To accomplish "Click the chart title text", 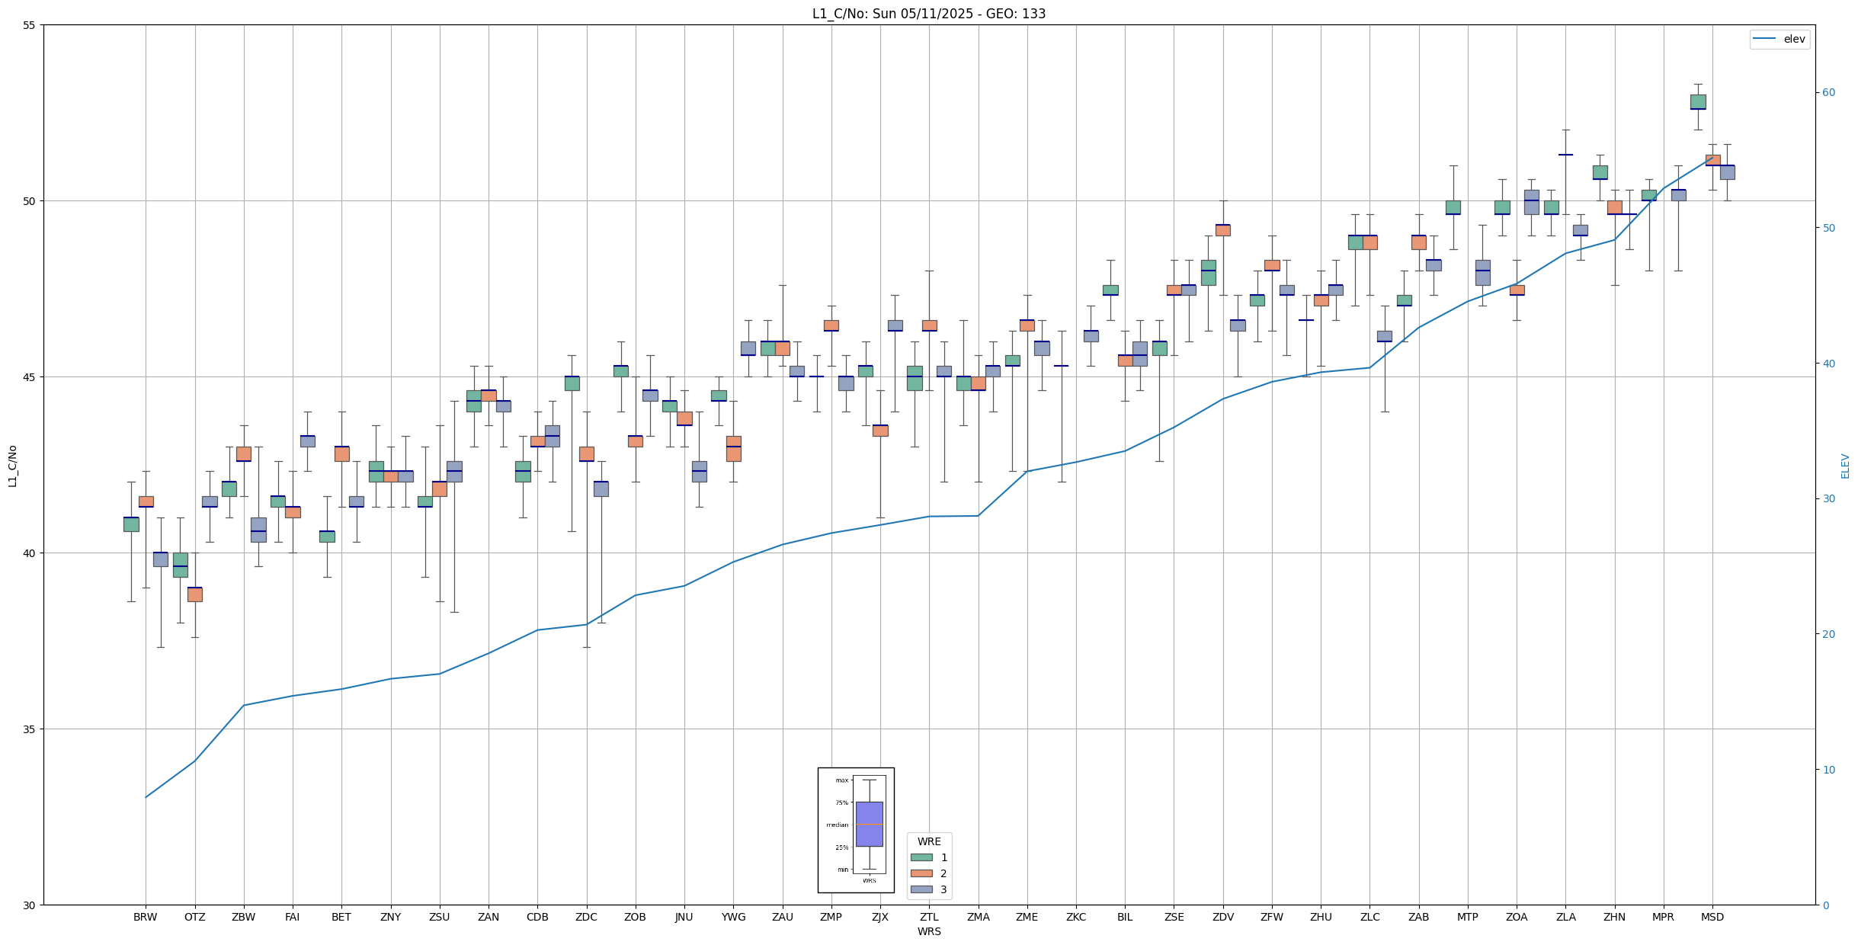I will pyautogui.click(x=928, y=14).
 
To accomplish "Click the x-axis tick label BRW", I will pyautogui.click(x=145, y=917).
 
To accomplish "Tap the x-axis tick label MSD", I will pyautogui.click(x=1712, y=917).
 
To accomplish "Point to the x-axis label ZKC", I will pyautogui.click(x=1076, y=917).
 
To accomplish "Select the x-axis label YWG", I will pyautogui.click(x=733, y=917).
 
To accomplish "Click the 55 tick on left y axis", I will pyautogui.click(x=30, y=25).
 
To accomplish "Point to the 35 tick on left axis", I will pyautogui.click(x=30, y=729).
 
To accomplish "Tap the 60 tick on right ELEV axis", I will pyautogui.click(x=1828, y=93).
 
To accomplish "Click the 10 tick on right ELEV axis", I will pyautogui.click(x=1828, y=770).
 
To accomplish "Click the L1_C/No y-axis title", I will pyautogui.click(x=12, y=465).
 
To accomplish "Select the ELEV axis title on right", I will pyautogui.click(x=1845, y=466).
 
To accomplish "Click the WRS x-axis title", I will pyautogui.click(x=928, y=931).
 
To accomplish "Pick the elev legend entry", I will pyautogui.click(x=1780, y=39).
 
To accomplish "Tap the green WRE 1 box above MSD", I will pyautogui.click(x=1698, y=101).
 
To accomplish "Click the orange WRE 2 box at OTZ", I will pyautogui.click(x=195, y=594).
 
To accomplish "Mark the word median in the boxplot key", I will pyautogui.click(x=837, y=825).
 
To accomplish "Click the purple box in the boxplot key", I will pyautogui.click(x=869, y=824).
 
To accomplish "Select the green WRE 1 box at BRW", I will pyautogui.click(x=131, y=524).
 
